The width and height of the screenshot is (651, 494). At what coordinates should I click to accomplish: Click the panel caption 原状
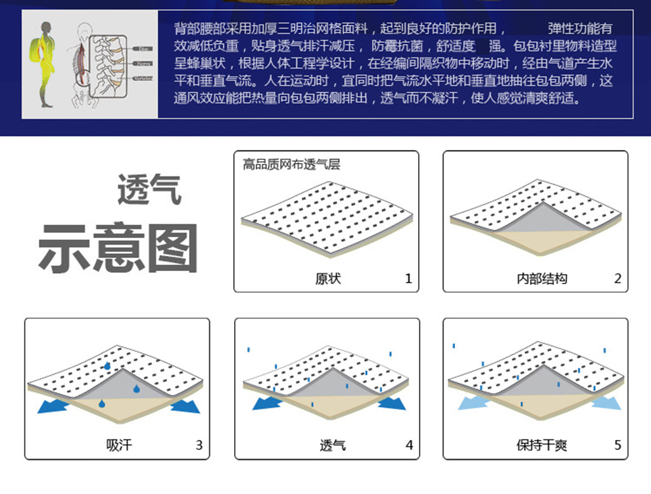click(x=328, y=278)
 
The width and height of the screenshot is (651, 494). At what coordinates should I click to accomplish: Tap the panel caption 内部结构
click(x=542, y=278)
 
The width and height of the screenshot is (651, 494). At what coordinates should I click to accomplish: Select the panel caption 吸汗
click(x=119, y=445)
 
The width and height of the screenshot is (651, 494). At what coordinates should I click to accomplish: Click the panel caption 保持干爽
click(x=542, y=445)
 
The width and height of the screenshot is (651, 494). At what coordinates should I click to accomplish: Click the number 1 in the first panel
click(x=408, y=278)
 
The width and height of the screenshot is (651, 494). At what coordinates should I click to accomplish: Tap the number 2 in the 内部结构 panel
click(x=617, y=278)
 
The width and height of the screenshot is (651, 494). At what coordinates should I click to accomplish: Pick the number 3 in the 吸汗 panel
click(x=199, y=445)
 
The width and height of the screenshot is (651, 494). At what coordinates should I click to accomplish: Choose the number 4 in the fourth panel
click(x=409, y=445)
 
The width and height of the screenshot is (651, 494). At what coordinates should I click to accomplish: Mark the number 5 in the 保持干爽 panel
click(x=617, y=445)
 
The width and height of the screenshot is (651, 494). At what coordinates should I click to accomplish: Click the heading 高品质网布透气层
click(x=292, y=164)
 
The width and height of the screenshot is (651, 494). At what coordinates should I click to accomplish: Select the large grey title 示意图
click(x=118, y=249)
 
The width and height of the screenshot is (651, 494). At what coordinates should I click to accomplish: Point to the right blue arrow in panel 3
click(x=185, y=407)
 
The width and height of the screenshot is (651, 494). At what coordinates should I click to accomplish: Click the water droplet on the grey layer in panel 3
click(x=137, y=388)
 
